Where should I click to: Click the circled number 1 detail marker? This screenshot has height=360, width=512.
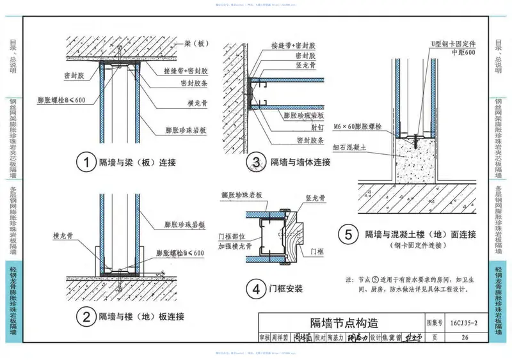click(x=83, y=162)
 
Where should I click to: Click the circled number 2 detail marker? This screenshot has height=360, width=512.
click(x=83, y=316)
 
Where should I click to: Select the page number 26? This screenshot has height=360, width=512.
click(x=465, y=338)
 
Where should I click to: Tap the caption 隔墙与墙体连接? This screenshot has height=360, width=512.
click(x=300, y=162)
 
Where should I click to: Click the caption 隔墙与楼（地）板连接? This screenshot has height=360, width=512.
click(x=141, y=317)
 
